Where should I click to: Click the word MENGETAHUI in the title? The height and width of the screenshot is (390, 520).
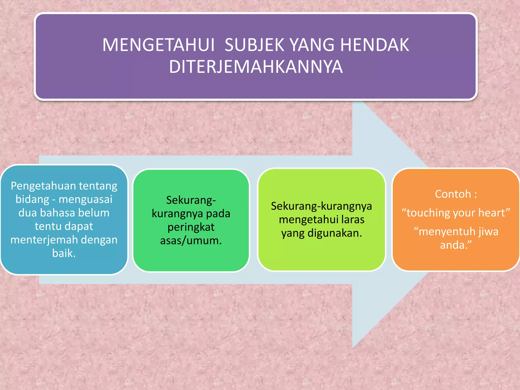[x=158, y=45]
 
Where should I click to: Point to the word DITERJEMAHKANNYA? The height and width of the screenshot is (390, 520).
[x=256, y=67]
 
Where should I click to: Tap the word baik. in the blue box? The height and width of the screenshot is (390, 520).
[x=64, y=253]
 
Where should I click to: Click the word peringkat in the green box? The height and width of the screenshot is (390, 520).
[x=191, y=227]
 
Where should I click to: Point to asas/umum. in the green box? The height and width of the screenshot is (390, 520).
[x=191, y=240]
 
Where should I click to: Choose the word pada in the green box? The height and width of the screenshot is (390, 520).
[x=218, y=214]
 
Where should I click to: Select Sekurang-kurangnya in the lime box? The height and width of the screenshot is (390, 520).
[x=321, y=206]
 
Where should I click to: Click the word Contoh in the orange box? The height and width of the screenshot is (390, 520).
[x=453, y=194]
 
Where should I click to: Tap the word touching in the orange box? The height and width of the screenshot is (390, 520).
[x=424, y=213]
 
